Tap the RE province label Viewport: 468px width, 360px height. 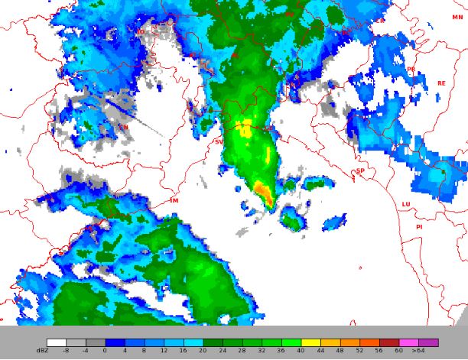pyautogui.click(x=440, y=83)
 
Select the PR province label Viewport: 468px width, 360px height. pyautogui.click(x=411, y=70)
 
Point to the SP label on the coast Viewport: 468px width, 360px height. pyautogui.click(x=360, y=171)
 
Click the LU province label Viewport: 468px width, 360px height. pyautogui.click(x=406, y=204)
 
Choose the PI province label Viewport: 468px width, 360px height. pyautogui.click(x=419, y=227)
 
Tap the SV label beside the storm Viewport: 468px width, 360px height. pyautogui.click(x=219, y=142)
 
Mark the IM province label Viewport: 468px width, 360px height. pyautogui.click(x=174, y=200)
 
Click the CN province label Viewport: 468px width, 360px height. pyautogui.click(x=123, y=128)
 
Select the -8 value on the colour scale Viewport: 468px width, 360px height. pyautogui.click(x=67, y=350)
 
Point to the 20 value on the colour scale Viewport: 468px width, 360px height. pyautogui.click(x=203, y=350)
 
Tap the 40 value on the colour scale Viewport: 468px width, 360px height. pyautogui.click(x=301, y=350)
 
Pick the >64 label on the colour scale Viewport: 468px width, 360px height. pyautogui.click(x=418, y=350)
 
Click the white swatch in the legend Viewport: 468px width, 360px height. pyautogui.click(x=56, y=342)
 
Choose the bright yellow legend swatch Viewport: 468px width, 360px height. pyautogui.click(x=310, y=342)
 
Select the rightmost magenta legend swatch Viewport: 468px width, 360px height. pyautogui.click(x=428, y=342)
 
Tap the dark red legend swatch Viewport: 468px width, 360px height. pyautogui.click(x=389, y=342)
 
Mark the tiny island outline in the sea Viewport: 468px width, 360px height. pyautogui.click(x=360, y=267)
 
